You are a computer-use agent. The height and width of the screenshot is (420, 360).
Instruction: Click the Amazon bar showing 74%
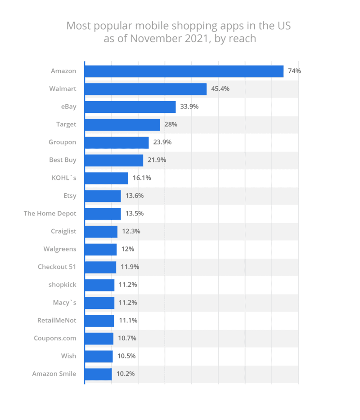(x=184, y=71)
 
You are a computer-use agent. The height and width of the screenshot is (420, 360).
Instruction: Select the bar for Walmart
(x=145, y=89)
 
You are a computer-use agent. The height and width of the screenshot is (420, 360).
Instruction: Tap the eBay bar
(x=130, y=107)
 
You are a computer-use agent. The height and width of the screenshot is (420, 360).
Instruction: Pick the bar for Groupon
(x=117, y=143)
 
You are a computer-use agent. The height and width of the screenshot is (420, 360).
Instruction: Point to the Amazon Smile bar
(x=98, y=374)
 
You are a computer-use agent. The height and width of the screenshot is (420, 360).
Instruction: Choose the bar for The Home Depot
(x=103, y=214)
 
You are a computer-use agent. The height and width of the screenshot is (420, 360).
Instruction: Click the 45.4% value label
(x=220, y=89)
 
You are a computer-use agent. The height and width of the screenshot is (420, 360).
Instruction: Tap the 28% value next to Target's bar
(x=171, y=125)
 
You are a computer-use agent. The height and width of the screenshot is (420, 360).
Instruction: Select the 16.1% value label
(x=142, y=178)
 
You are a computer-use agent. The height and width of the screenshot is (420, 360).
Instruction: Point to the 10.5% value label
(x=126, y=356)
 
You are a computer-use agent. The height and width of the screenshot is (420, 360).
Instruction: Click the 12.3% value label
(x=131, y=232)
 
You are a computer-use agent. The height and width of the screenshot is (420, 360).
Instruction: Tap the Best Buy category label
(x=63, y=160)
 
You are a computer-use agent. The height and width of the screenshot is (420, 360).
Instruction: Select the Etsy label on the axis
(x=70, y=196)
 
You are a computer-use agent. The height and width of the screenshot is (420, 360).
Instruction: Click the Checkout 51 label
(x=57, y=267)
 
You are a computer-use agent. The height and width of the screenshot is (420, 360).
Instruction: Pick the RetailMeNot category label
(x=57, y=321)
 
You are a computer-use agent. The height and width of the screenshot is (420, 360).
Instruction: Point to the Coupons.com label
(x=55, y=338)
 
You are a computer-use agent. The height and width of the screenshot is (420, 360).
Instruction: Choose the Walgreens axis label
(x=60, y=249)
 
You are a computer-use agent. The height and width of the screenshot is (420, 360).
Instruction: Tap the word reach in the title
(x=242, y=38)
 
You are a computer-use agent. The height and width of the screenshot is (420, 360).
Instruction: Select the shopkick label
(x=62, y=285)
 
